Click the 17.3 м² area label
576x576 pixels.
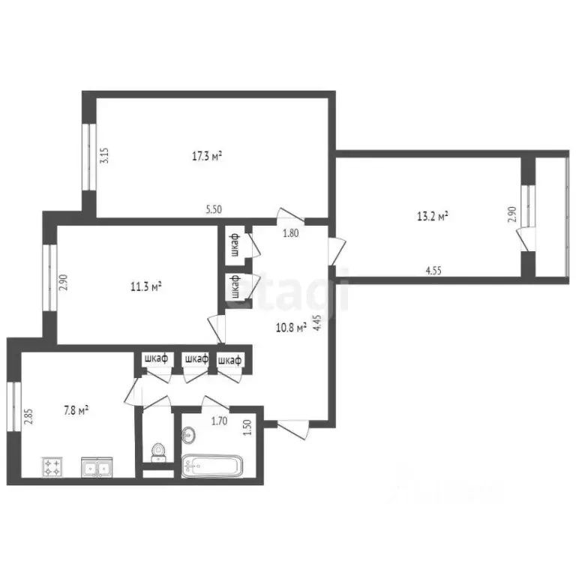(207, 157)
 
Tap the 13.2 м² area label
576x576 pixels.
(432, 217)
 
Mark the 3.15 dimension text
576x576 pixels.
(105, 156)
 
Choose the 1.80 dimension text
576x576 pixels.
(291, 233)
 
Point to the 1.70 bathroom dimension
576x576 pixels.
(219, 421)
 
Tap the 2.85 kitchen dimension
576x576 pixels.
(28, 417)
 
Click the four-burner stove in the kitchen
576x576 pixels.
(53, 469)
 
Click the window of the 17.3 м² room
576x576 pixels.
(86, 155)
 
